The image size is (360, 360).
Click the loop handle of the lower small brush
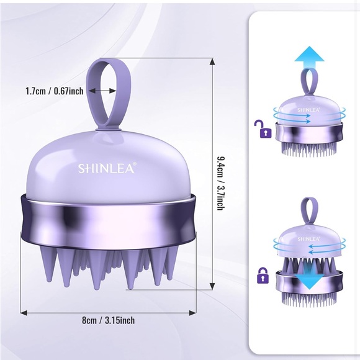pos(308,211)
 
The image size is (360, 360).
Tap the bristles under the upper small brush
pos(308,149)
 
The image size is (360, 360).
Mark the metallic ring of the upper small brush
pos(308,132)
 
